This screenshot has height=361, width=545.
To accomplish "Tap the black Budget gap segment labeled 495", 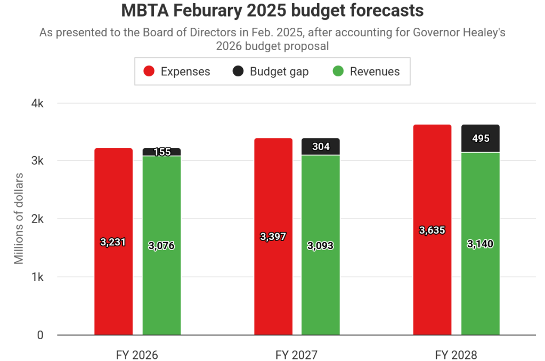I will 481,138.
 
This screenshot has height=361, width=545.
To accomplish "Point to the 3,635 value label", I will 432,230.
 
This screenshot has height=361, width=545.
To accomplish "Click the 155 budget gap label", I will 162,152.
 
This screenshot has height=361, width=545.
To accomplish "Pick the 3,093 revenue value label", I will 321,246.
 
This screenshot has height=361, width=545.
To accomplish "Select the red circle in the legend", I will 149,71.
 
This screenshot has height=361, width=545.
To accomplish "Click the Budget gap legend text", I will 279,71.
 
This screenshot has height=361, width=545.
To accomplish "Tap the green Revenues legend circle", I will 338,71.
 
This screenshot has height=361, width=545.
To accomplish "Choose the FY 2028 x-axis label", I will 456,355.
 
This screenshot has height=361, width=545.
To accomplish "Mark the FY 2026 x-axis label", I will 137,355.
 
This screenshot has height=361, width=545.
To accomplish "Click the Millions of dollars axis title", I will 19,219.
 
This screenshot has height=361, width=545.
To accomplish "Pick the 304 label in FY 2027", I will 321,147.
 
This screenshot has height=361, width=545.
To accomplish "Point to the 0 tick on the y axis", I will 40,335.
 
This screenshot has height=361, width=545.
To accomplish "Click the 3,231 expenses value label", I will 113,242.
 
